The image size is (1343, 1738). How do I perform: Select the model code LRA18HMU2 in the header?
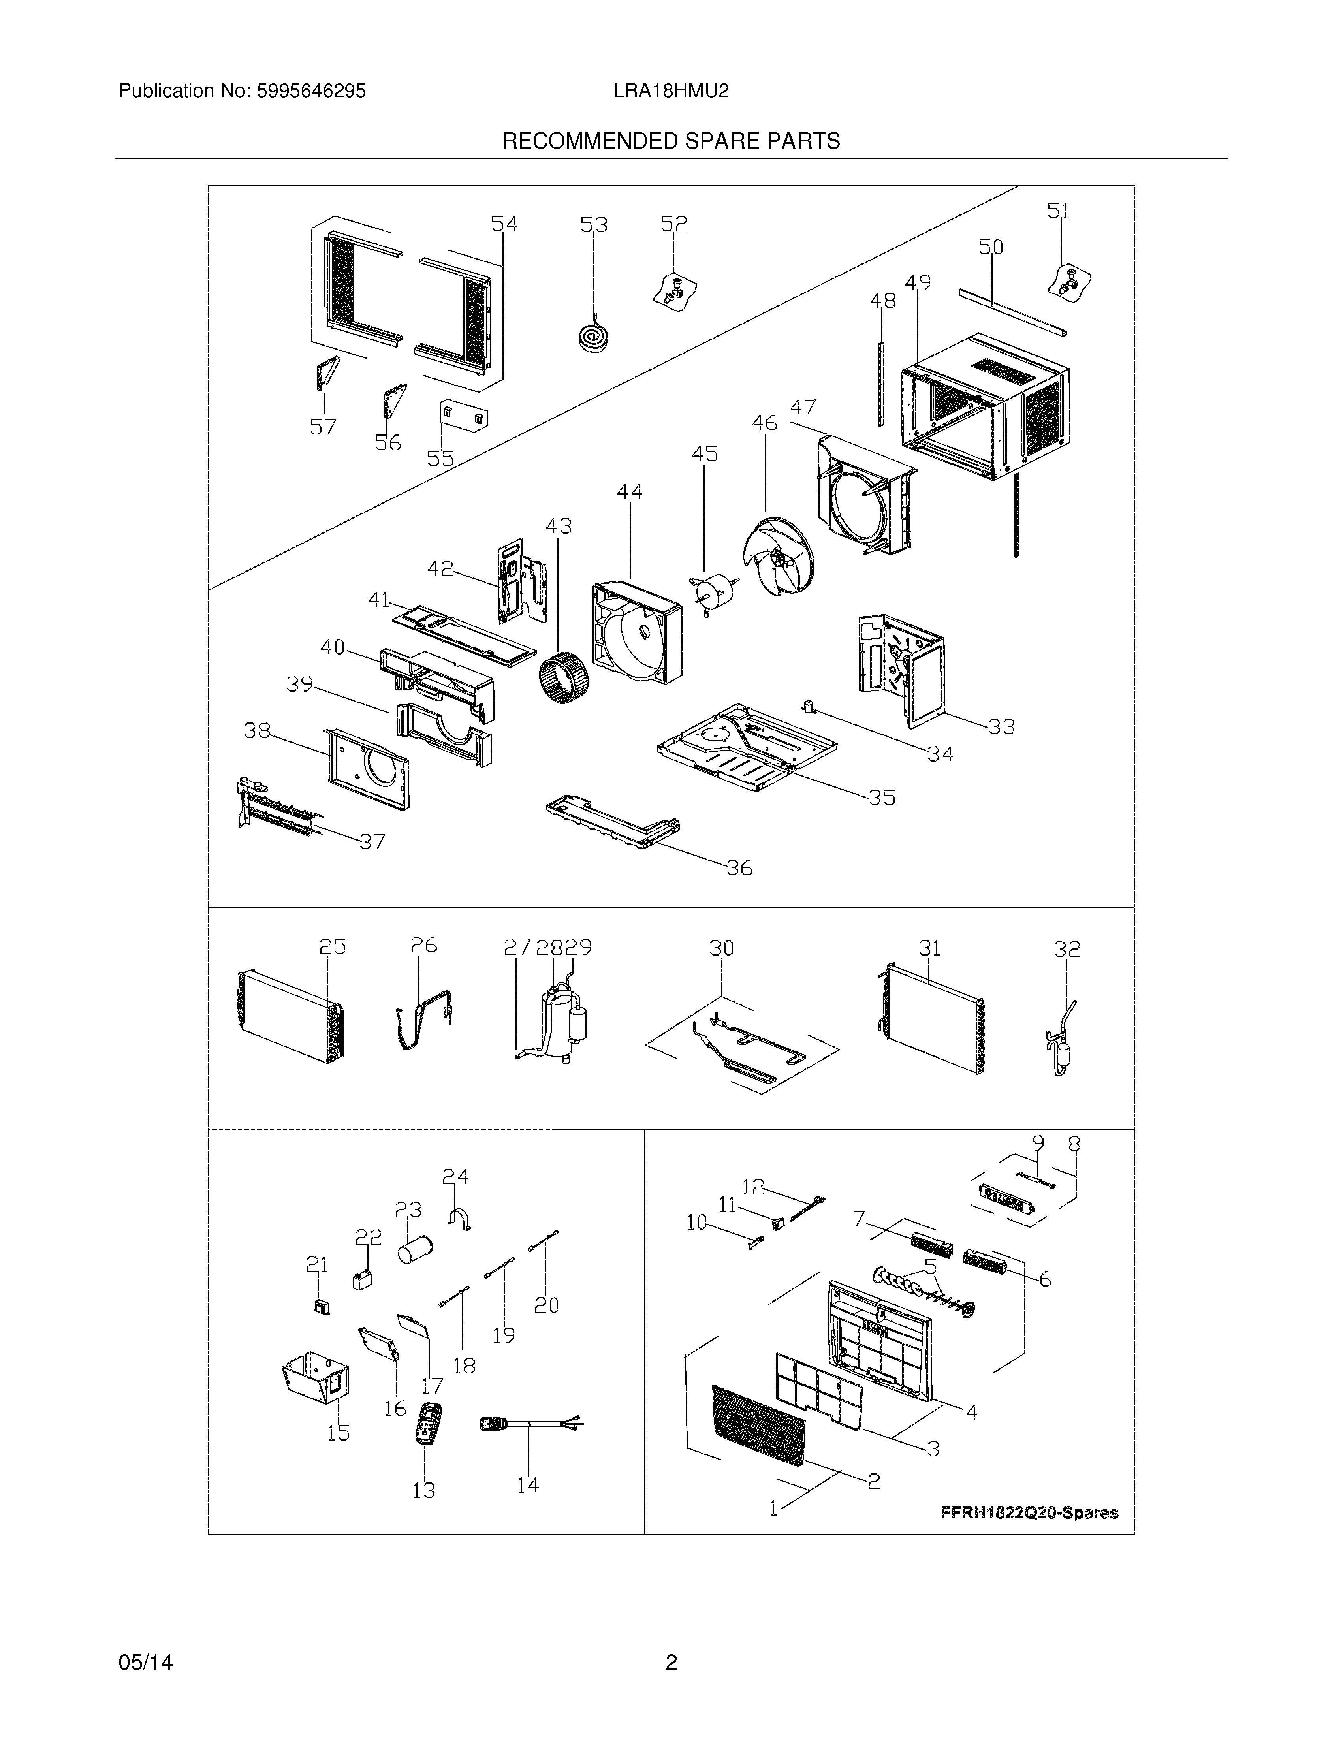point(671,92)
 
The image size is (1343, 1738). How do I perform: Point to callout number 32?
point(1067,949)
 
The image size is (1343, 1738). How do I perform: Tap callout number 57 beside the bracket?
point(323,427)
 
